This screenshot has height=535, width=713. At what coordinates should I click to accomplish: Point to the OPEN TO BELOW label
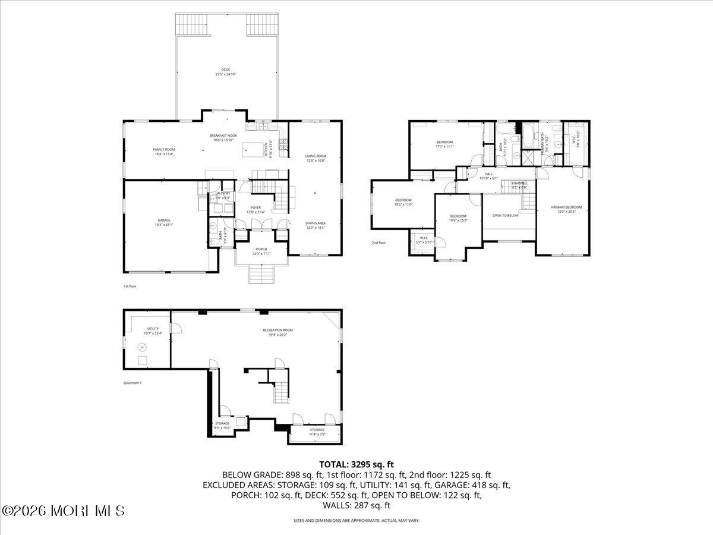[505, 215]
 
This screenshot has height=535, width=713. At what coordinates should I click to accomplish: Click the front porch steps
[261, 275]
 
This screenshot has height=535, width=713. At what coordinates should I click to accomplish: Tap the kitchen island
[254, 149]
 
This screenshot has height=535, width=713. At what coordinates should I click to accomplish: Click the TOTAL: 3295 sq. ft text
[356, 464]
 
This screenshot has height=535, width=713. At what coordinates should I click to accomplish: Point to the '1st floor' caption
[130, 287]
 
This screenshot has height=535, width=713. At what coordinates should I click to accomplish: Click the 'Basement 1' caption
[132, 383]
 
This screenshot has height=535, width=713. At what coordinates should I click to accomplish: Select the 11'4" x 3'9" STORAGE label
[317, 432]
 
